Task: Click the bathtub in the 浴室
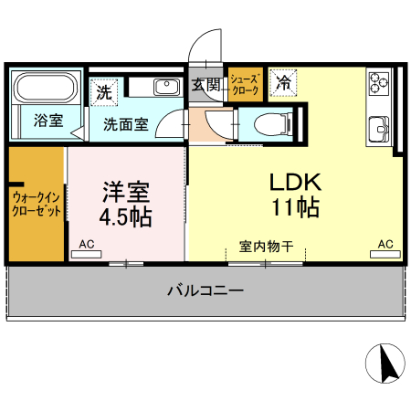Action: [47, 90]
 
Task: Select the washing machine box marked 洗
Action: [104, 91]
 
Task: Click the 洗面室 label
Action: [125, 125]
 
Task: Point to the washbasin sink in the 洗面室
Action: [166, 88]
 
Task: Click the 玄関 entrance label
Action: [206, 87]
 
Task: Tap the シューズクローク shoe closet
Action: [245, 85]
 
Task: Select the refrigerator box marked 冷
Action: [283, 83]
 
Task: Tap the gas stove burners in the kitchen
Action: [379, 84]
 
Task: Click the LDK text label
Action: [295, 181]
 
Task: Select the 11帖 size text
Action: [295, 207]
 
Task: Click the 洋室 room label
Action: [125, 193]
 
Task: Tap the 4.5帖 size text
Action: [125, 218]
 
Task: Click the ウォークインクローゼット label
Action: [37, 203]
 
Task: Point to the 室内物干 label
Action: [266, 247]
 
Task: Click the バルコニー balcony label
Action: [205, 292]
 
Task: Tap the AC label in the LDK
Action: [385, 245]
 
